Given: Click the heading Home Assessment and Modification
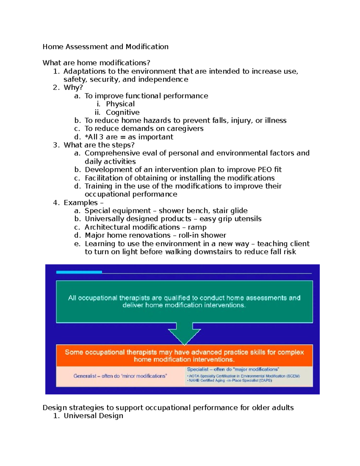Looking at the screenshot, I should pos(105,47).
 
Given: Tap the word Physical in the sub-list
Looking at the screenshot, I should pos(120,104).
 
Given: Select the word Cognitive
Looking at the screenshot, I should pos(122,113).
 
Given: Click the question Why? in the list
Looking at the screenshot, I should pos(73,88).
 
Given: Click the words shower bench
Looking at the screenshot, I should pos(183,211).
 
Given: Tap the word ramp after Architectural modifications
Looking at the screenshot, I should pos(197,227).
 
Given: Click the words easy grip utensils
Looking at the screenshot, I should pos(230,219).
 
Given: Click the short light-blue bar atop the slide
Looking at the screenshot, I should pos(79,272).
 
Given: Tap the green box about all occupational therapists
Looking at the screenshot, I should pos(184,302).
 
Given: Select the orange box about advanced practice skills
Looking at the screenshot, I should pos(184,356).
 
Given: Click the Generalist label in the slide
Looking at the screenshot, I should pos(85,376).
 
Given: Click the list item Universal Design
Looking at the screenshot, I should pos(93,416).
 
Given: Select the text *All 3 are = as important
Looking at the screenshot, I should pos(129,137).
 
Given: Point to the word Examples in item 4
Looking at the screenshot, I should pos(80,203).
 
